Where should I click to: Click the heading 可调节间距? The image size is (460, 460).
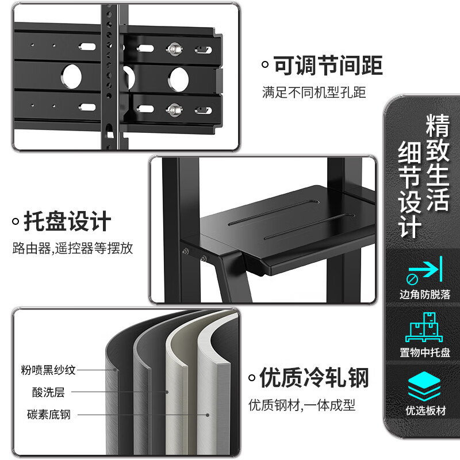pos(328,65)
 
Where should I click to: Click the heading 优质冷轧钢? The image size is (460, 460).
pos(314,378)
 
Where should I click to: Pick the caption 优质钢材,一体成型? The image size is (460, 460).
pos(302,405)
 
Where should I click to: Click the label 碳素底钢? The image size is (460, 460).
pos(49,414)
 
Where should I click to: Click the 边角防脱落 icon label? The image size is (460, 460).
pos(425,295)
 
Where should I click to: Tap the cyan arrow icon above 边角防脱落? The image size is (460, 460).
pos(424,270)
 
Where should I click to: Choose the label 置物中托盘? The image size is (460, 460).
pos(425,352)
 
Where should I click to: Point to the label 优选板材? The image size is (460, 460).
pos(425,411)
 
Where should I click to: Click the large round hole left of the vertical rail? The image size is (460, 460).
pos(72,76)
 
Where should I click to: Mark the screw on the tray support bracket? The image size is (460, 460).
pos(187,251)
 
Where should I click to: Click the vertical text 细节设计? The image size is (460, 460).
pos(411,190)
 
